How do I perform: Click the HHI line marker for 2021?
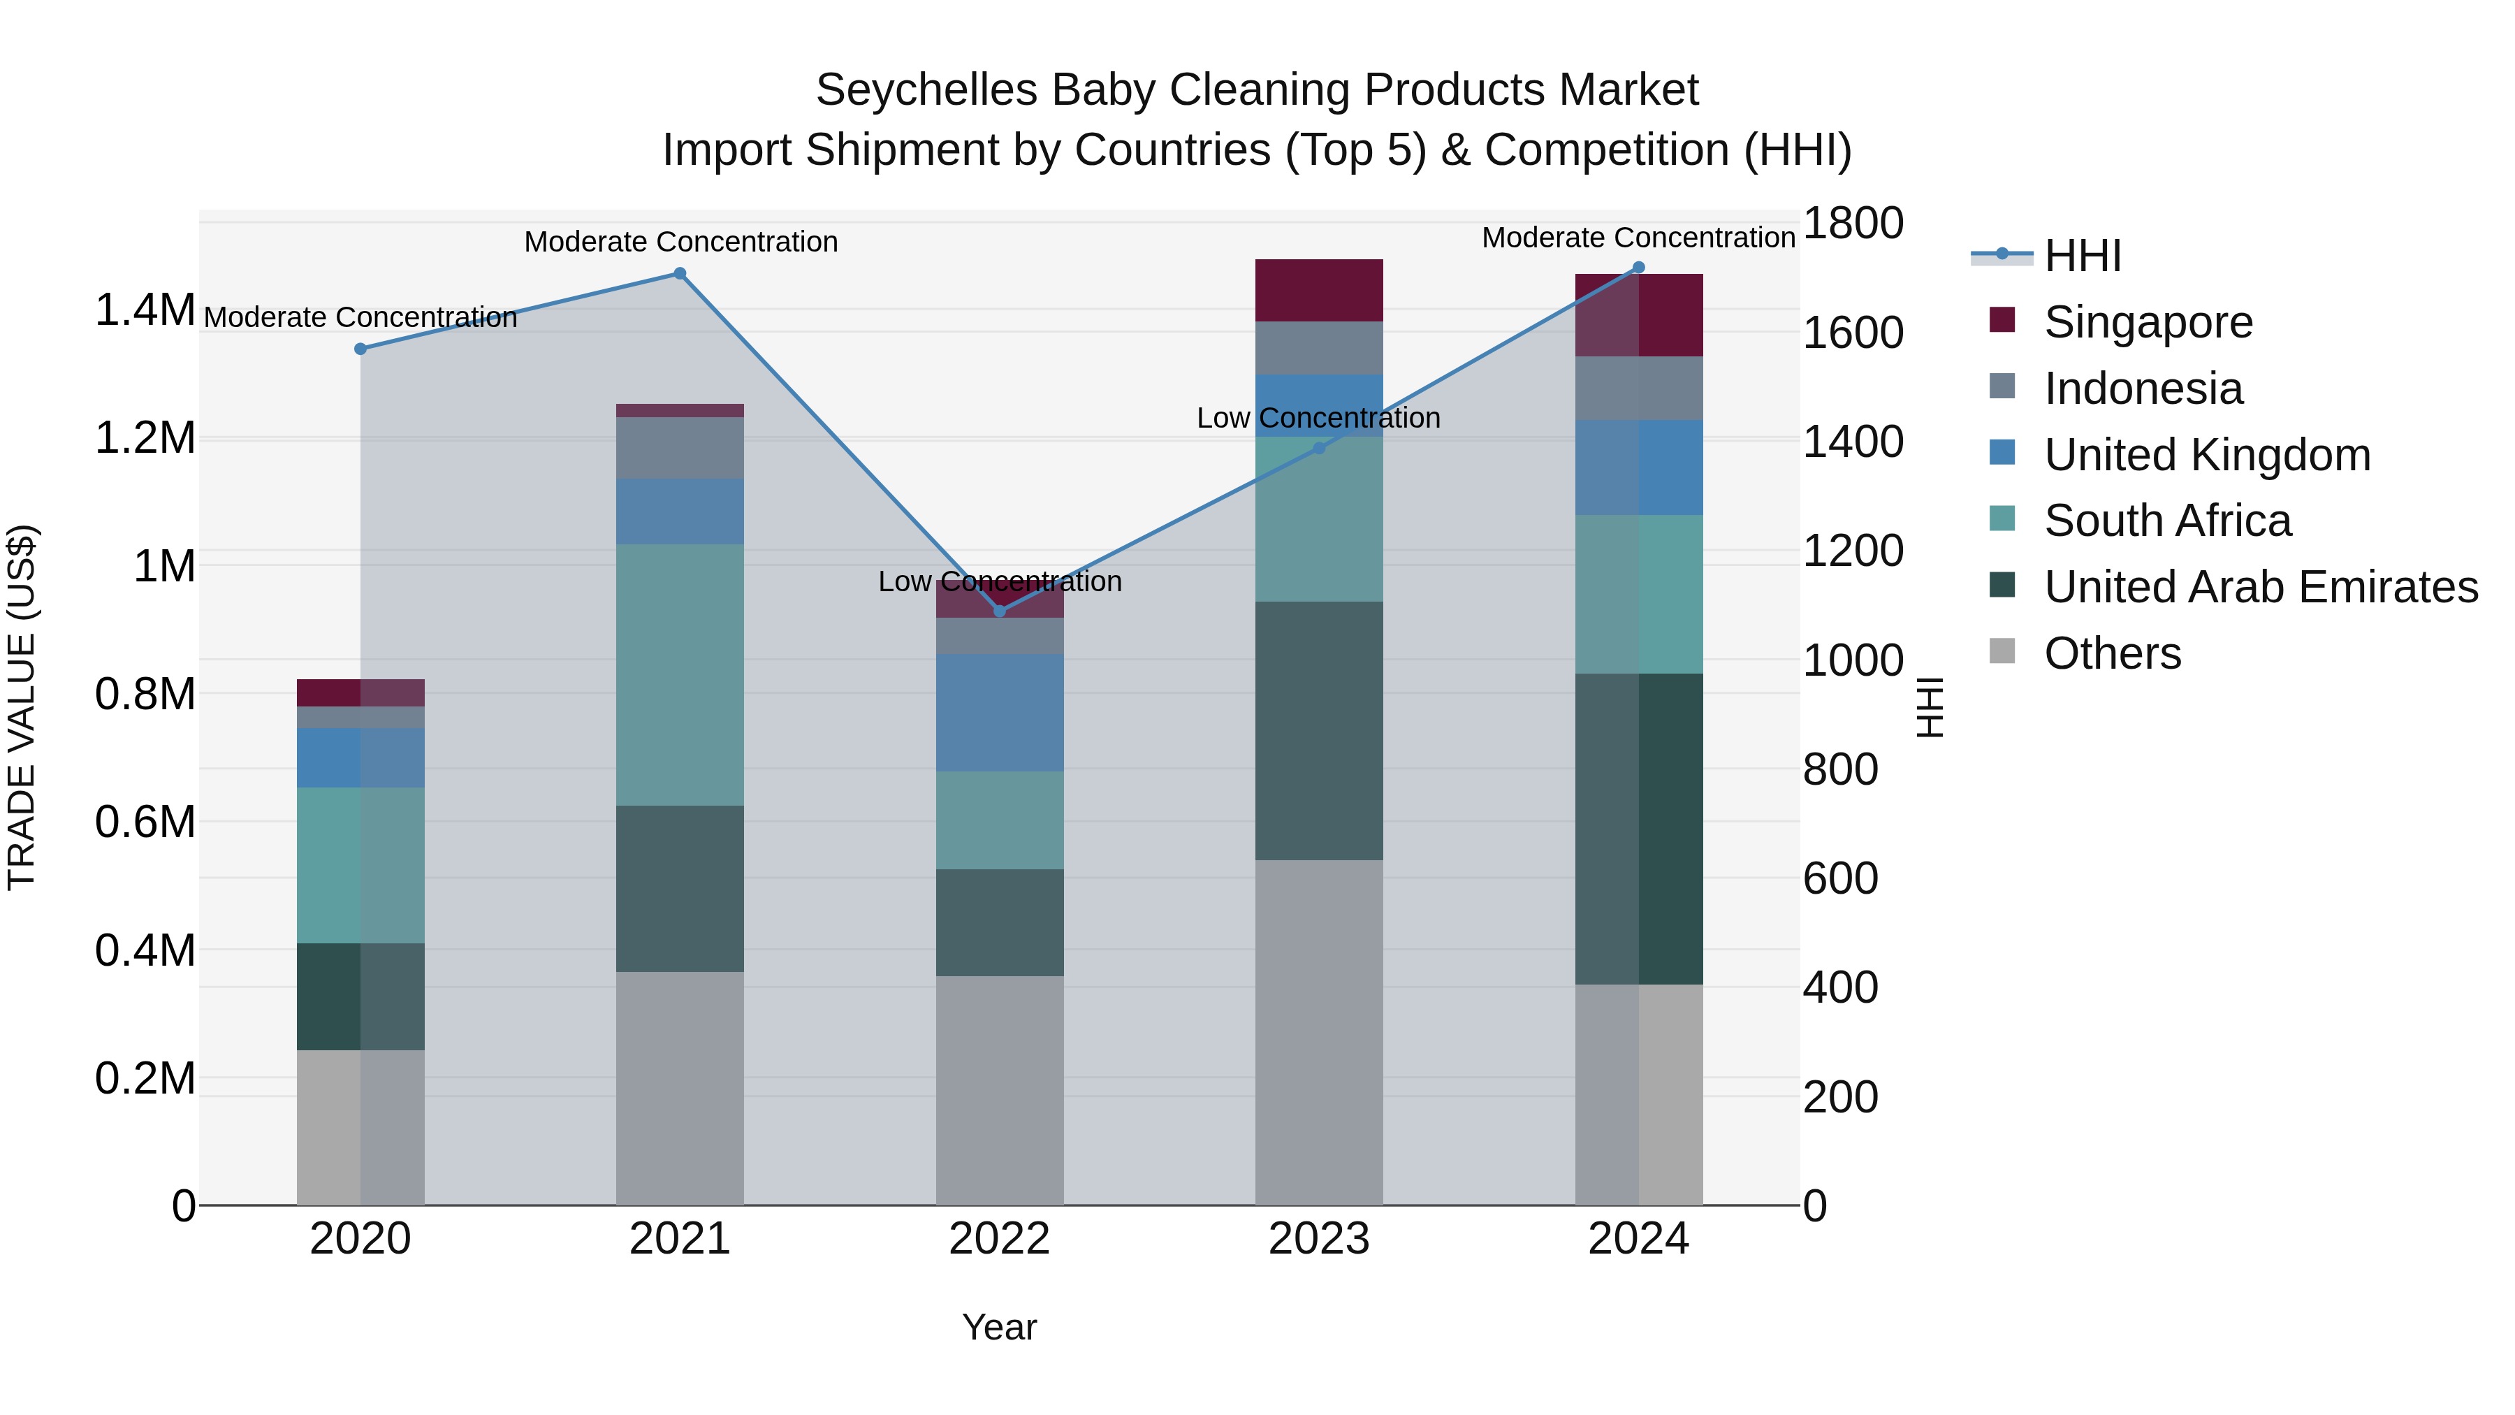coord(680,273)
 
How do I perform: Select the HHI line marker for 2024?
coord(1638,268)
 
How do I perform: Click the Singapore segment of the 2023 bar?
coord(1318,290)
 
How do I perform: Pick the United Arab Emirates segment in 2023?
coord(1318,730)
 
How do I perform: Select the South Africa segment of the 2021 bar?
coord(680,674)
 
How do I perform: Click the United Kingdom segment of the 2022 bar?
coord(999,713)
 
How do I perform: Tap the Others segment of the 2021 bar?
coord(680,1088)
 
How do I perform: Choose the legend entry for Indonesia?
coord(2143,389)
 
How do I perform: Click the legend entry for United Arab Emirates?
coord(2260,587)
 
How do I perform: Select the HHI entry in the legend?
coord(2082,256)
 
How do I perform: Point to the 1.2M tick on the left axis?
coord(145,438)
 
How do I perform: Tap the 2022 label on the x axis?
coord(999,1239)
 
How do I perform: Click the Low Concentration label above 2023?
coord(1318,418)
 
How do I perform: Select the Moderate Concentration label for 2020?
coord(360,317)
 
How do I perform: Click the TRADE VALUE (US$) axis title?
coord(22,707)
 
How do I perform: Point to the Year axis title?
coord(999,1327)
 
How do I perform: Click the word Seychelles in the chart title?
coord(926,90)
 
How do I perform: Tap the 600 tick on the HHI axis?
coord(1839,878)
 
